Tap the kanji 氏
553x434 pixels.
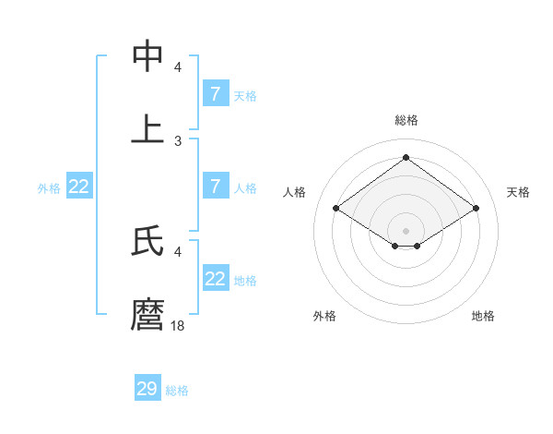pos(147,241)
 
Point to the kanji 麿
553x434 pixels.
pos(147,315)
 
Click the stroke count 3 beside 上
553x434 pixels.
pos(178,140)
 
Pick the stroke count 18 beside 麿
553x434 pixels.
pos(178,325)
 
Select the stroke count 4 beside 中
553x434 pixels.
pos(178,66)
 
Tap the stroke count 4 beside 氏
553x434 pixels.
pos(178,251)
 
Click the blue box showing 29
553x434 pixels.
pos(147,389)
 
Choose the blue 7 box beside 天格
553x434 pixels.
pos(216,93)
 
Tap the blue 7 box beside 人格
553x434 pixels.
pos(216,186)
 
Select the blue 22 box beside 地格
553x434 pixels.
pos(216,278)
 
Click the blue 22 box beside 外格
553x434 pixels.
pos(79,186)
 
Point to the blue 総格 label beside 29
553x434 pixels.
pos(177,391)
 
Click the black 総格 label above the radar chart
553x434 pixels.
pos(406,120)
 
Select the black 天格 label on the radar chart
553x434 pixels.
pos(518,192)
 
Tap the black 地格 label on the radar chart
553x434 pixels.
pos(483,316)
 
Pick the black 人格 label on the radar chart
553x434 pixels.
pos(295,192)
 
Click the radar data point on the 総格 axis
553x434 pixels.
pos(406,158)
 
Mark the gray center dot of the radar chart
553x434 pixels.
pos(406,230)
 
